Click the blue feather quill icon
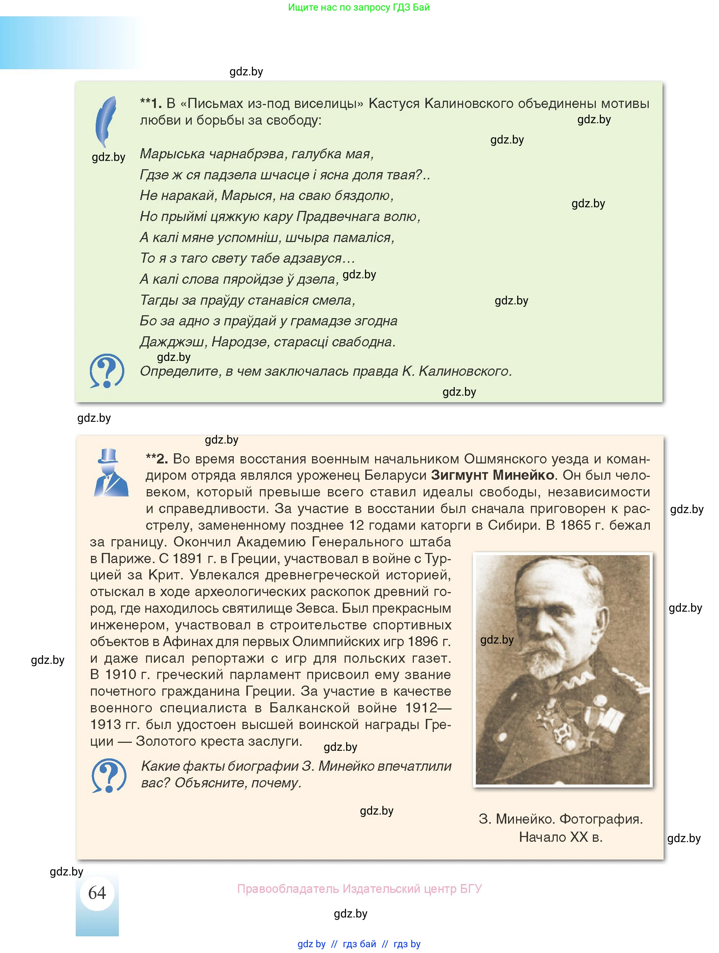coord(106,121)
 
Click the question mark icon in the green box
coord(107,371)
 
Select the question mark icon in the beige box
coord(109,775)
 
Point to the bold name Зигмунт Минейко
coord(493,475)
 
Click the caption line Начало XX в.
coord(561,837)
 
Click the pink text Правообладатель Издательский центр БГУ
coord(359,889)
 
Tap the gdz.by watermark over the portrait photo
coord(497,640)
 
